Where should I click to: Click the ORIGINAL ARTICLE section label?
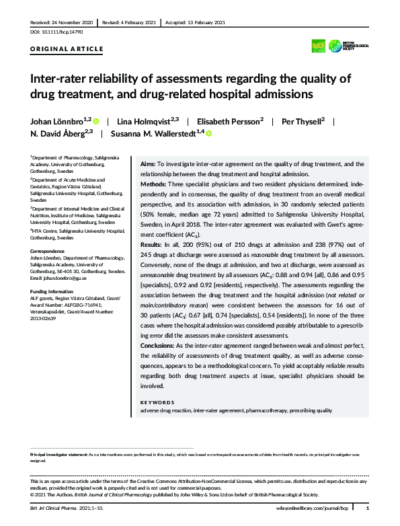pos(67,49)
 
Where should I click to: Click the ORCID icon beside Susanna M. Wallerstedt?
pos(208,135)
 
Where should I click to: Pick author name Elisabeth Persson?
pos(234,121)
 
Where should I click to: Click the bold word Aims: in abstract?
pos(147,163)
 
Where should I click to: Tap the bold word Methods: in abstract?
pos(155,182)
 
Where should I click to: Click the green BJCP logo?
pos(335,44)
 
